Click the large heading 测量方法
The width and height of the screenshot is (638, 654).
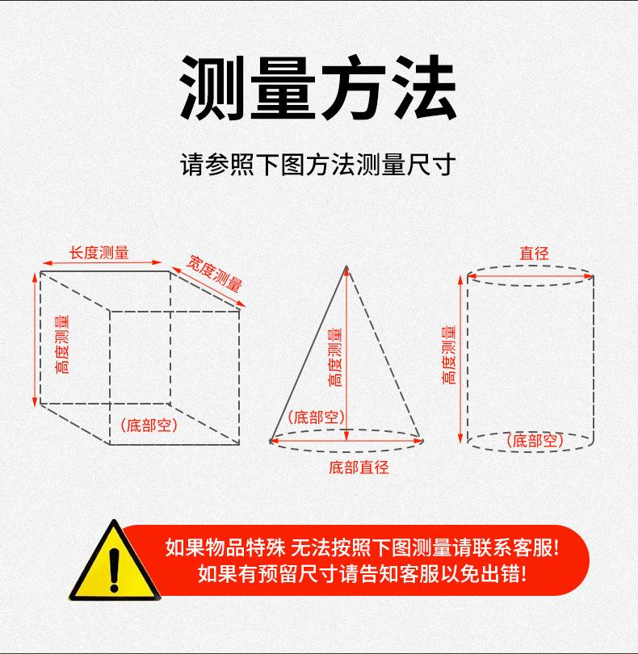318,87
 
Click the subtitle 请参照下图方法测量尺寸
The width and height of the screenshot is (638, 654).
318,165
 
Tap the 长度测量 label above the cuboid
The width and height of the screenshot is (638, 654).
99,252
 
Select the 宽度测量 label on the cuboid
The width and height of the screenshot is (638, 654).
215,273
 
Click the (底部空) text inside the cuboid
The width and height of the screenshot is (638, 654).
149,425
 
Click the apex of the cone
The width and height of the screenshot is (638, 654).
346,266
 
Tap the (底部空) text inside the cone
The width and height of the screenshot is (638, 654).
317,417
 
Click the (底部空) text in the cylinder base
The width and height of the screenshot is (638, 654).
535,441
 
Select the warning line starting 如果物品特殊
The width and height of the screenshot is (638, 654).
362,547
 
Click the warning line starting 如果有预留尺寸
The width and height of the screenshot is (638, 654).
362,574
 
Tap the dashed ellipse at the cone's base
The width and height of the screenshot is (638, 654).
347,453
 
